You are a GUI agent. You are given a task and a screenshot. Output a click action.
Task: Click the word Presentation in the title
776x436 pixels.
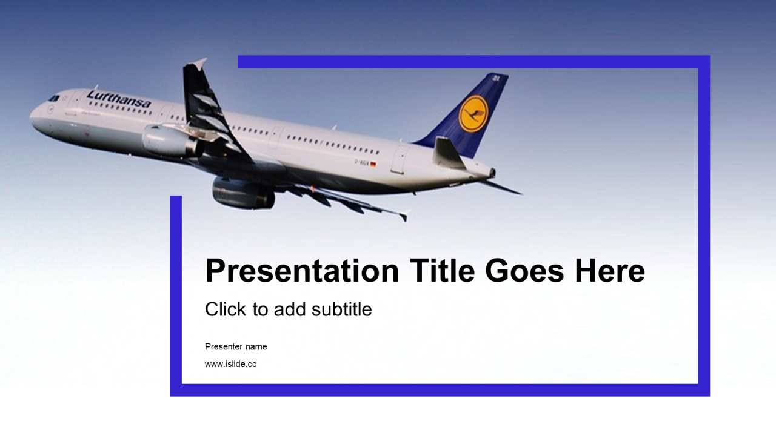(x=302, y=271)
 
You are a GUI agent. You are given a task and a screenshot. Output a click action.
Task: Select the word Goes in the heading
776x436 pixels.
(x=524, y=271)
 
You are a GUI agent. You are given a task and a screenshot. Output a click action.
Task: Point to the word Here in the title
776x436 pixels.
(x=610, y=271)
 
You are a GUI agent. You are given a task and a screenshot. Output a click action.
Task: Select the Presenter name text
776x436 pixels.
(x=236, y=347)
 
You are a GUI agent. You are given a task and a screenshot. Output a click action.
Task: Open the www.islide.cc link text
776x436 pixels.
(x=231, y=364)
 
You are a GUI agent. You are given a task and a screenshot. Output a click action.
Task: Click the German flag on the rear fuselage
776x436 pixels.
(x=373, y=164)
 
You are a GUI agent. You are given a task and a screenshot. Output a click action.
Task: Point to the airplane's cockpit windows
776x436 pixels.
(x=53, y=98)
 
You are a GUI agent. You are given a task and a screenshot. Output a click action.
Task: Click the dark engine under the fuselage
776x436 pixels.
(x=243, y=193)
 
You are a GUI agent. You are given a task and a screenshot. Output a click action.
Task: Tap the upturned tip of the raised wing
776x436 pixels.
(x=200, y=62)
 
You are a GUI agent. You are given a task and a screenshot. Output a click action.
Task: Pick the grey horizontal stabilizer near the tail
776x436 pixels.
(x=449, y=153)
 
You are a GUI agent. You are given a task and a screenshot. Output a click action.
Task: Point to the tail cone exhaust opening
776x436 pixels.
(x=493, y=173)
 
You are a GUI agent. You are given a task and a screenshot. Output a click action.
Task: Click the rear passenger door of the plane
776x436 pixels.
(x=400, y=159)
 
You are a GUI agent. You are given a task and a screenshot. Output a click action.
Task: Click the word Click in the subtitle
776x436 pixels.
(x=226, y=309)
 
